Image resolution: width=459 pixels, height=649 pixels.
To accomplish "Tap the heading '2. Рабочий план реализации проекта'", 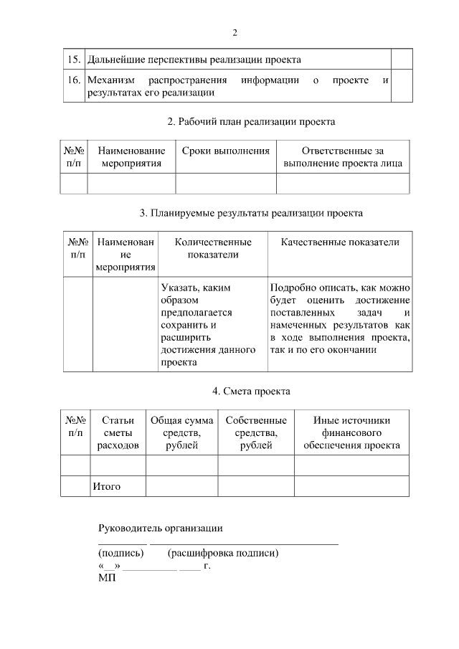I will [251, 122].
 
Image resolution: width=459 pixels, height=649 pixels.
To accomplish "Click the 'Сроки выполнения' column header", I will [226, 151].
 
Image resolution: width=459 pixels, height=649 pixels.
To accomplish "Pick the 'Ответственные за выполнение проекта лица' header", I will [343, 157].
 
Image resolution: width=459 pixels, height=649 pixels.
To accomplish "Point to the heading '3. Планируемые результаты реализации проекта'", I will [251, 213].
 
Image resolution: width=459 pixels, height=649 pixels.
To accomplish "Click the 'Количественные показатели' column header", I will [213, 248].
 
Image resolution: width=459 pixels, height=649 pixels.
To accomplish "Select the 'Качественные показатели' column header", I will [340, 242].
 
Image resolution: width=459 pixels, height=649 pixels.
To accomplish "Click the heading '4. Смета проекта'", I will [251, 391].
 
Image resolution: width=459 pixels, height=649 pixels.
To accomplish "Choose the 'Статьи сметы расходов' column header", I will [118, 432].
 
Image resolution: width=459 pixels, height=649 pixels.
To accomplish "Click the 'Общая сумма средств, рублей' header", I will [181, 432].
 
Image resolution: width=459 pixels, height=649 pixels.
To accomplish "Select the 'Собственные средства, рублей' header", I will [256, 432].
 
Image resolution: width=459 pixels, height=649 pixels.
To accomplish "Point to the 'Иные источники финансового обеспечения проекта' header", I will [351, 432].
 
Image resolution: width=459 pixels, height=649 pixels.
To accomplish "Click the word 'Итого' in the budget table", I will [106, 487].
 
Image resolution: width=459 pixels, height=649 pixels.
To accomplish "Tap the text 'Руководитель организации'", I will [160, 529].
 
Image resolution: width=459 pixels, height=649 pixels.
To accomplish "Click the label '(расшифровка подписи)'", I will [222, 553].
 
